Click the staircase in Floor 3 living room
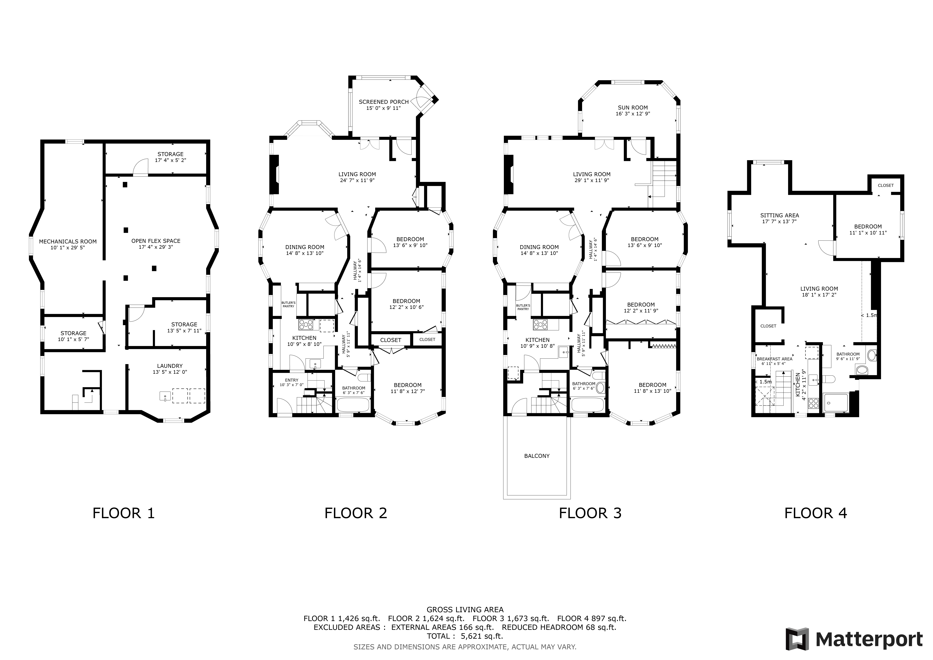pyautogui.click(x=662, y=179)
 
